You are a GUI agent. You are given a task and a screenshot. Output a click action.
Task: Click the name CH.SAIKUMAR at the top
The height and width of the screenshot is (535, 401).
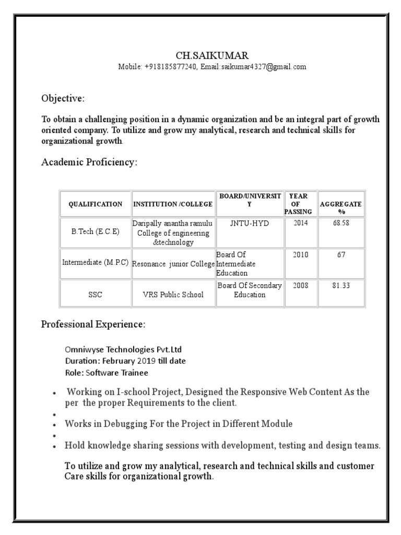point(211,55)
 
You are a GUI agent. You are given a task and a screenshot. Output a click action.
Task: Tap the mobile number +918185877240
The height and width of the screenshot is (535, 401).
point(171,67)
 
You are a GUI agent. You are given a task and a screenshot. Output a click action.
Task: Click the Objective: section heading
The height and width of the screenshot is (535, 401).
point(63,99)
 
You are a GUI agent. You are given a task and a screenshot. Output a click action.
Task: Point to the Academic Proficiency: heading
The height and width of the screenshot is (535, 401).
point(89,162)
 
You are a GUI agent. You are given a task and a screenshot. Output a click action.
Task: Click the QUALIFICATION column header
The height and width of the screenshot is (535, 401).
point(96,204)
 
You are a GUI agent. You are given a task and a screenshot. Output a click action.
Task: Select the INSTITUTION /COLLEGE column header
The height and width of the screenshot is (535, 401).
point(173,204)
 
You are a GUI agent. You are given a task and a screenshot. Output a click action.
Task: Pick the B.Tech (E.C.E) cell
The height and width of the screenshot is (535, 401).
point(96,231)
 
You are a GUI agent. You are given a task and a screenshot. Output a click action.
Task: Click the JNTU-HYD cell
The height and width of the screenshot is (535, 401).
point(249,223)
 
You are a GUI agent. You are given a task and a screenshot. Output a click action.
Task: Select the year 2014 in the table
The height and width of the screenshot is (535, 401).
point(301,223)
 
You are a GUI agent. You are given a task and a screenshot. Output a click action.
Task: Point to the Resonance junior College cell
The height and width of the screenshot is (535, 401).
point(173,264)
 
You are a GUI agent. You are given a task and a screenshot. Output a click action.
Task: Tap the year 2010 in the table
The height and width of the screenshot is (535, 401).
point(301,255)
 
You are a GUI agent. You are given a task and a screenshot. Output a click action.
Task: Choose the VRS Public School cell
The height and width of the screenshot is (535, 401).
point(173,295)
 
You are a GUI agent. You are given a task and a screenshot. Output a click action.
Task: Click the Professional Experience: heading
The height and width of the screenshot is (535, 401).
point(93,324)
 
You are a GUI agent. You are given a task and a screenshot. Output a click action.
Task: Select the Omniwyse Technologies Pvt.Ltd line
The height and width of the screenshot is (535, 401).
point(123,350)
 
